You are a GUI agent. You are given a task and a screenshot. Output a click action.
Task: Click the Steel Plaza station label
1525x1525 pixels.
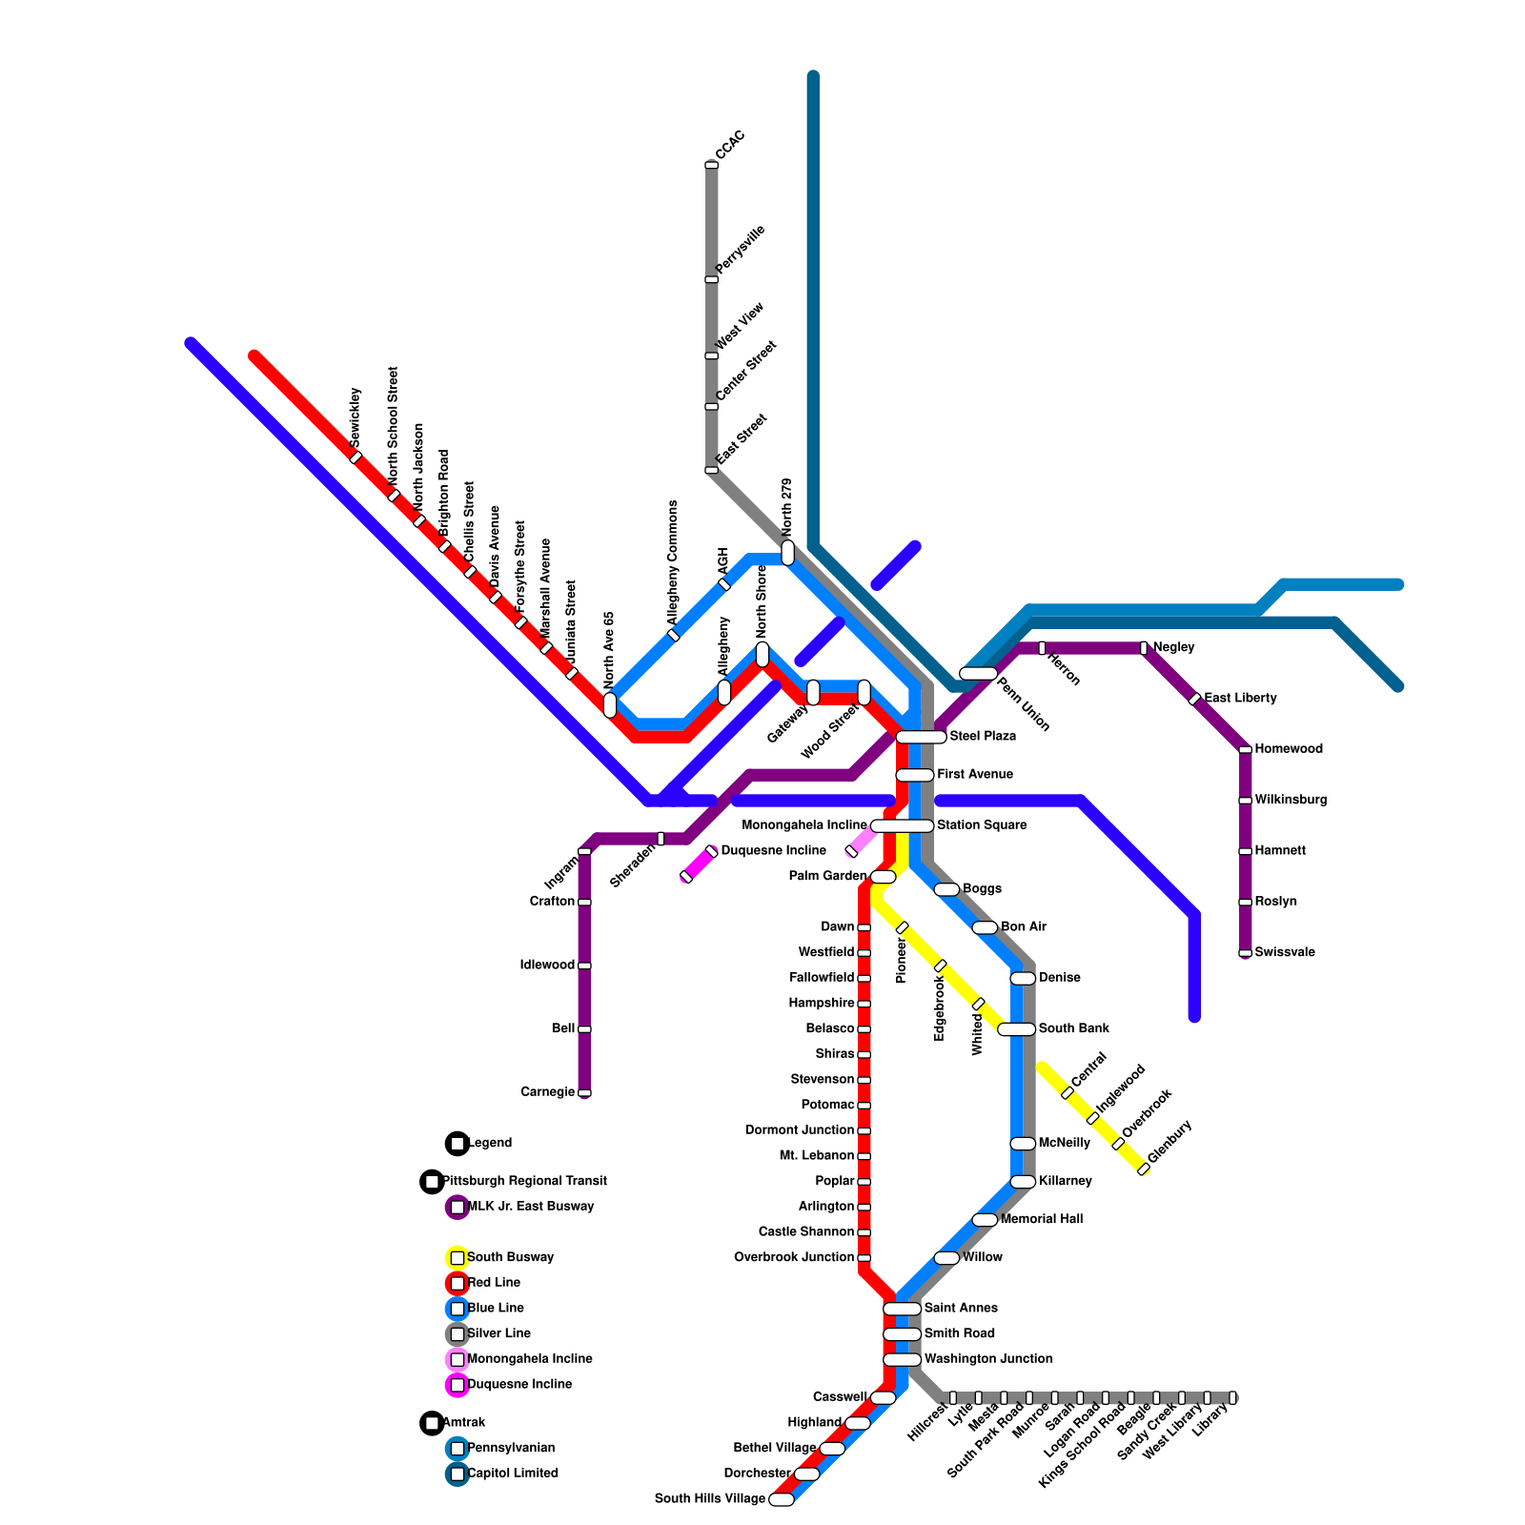(x=983, y=737)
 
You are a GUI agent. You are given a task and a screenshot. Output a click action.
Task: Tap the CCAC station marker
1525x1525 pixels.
(x=711, y=166)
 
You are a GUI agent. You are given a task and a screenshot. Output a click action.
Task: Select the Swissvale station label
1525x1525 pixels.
(x=1285, y=952)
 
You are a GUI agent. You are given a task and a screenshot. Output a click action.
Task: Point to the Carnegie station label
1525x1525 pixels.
(x=547, y=1092)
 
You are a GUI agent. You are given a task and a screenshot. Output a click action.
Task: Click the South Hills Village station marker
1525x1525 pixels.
(x=781, y=1499)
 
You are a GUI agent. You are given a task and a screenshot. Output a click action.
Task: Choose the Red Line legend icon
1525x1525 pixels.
(x=457, y=1284)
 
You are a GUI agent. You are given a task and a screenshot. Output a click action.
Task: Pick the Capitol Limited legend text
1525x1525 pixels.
(x=513, y=1474)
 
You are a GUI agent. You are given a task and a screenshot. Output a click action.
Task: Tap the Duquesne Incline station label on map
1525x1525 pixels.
(x=773, y=851)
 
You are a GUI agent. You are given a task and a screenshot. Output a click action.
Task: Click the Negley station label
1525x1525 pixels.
(x=1173, y=647)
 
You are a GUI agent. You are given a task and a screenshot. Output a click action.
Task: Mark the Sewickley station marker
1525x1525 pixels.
(x=356, y=457)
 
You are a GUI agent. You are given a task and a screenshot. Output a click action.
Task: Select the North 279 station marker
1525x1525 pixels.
(x=787, y=553)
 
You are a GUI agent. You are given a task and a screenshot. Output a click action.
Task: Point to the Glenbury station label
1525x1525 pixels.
(x=1169, y=1142)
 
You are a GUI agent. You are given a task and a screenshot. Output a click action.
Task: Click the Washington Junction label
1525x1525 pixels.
(x=988, y=1359)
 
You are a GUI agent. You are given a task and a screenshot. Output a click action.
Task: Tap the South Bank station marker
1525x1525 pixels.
(x=1016, y=1029)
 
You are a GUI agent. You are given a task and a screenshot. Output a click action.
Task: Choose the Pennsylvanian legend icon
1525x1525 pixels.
(x=457, y=1449)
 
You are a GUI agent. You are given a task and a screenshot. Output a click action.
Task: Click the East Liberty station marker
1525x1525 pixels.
(x=1194, y=699)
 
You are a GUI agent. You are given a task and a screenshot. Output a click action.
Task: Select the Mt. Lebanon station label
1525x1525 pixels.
(x=816, y=1156)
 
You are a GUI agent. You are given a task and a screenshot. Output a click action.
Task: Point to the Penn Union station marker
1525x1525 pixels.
(x=977, y=674)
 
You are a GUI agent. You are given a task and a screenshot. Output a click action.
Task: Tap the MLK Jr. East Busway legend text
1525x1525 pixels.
(x=530, y=1207)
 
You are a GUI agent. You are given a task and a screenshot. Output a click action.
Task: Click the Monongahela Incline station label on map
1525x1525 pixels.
(x=804, y=825)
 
